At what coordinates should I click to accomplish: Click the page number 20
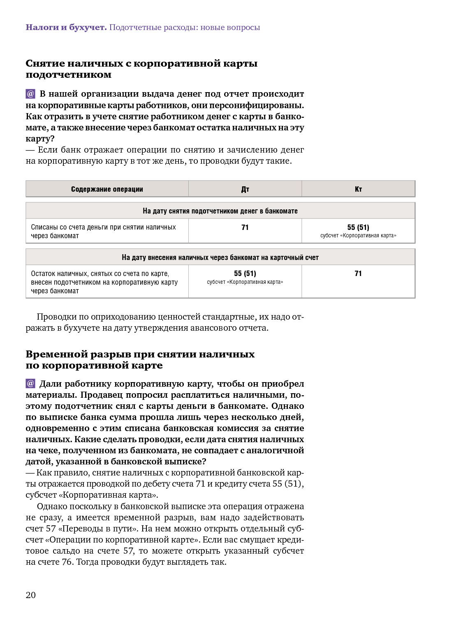31,595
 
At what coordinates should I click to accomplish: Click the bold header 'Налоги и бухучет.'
66,28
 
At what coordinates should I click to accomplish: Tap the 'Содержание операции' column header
107,189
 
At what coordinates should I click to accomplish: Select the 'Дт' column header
245,189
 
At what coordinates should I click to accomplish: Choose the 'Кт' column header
358,189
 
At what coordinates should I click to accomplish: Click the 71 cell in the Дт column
245,227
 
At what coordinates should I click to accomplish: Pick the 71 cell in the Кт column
358,274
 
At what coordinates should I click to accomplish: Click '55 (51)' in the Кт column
358,227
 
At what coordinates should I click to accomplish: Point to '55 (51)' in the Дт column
245,274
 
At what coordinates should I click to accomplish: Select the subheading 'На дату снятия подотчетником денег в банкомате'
220,211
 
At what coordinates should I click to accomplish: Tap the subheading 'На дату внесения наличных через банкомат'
220,257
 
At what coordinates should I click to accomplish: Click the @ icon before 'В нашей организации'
30,94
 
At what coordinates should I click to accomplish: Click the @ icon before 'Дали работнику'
30,383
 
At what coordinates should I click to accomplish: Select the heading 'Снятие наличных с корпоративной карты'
141,69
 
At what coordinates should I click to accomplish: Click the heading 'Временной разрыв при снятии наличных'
140,360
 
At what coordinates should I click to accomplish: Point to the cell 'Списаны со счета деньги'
103,231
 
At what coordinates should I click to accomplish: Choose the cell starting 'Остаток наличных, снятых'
104,282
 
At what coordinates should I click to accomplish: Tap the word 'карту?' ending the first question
40,139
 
